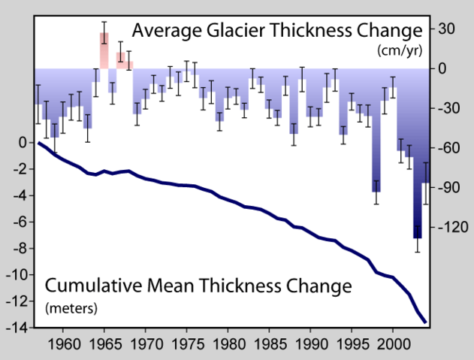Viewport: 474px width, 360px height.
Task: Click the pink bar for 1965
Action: tap(104, 51)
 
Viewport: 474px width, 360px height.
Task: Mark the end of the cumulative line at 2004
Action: tap(426, 322)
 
